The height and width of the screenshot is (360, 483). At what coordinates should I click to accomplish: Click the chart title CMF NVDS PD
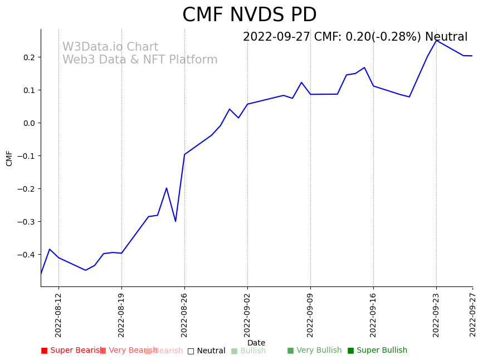pos(249,15)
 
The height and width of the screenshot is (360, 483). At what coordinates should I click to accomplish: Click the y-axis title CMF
pos(9,158)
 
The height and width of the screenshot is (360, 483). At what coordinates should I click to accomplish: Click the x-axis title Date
pos(256,343)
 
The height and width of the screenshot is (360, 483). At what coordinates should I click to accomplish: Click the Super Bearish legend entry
pos(71,351)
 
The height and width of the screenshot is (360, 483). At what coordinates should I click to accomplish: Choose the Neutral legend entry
pos(207,351)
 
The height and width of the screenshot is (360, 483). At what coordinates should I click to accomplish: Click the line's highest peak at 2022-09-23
pos(436,40)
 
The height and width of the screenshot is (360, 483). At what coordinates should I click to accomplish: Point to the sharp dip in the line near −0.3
pos(175,221)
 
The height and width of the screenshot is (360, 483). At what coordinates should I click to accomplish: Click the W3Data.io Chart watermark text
pos(110,47)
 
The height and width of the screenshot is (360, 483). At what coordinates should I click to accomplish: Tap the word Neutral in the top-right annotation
pos(446,37)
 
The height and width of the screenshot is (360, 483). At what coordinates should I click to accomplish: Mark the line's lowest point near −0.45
pos(85,270)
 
